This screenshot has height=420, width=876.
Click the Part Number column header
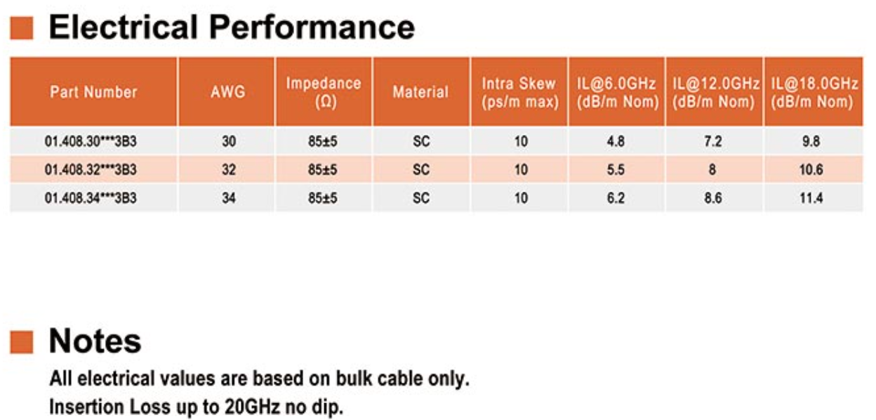(93, 92)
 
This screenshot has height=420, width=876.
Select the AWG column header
(228, 92)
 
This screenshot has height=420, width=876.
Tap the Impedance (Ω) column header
(324, 93)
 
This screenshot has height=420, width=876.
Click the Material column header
(420, 92)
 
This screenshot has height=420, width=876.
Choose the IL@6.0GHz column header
(618, 93)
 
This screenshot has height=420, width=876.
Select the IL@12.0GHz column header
(715, 93)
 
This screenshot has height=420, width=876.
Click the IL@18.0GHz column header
(814, 93)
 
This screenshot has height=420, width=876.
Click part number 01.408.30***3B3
(91, 141)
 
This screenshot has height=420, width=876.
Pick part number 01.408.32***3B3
(91, 170)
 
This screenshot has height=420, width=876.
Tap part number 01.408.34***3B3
(91, 198)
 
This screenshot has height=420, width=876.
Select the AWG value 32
(229, 170)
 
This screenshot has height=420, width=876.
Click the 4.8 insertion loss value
(616, 141)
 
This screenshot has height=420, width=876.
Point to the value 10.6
(811, 170)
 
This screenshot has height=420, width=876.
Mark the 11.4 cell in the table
(811, 198)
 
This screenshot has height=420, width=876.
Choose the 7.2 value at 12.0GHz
(713, 141)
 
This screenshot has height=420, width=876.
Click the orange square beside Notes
(22, 342)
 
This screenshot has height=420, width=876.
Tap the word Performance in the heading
(312, 27)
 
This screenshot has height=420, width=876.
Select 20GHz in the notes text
(252, 407)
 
